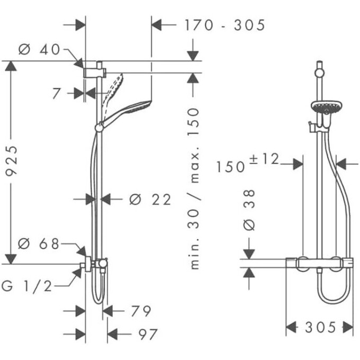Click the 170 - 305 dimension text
click(225, 25)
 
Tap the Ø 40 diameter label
click(39, 49)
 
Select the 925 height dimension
click(11, 161)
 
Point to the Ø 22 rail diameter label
click(150, 199)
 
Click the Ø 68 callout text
click(39, 244)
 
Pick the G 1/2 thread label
click(26, 286)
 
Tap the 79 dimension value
click(141, 311)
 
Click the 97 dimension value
click(148, 335)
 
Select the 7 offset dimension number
click(57, 94)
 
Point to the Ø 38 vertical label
click(249, 210)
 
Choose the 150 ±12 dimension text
click(248, 163)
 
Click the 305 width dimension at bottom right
click(321, 327)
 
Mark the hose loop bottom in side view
click(98, 300)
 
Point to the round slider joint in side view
click(99, 128)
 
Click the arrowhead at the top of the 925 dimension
click(11, 66)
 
